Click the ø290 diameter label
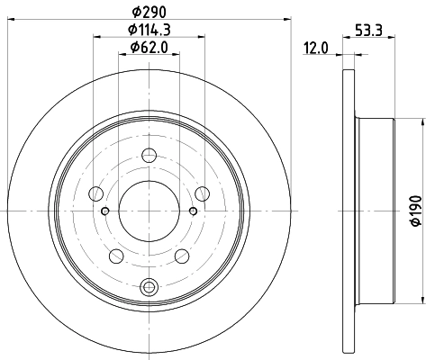150,10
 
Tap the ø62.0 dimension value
150,47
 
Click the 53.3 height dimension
370,29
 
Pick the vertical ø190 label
413,210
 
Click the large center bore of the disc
150,211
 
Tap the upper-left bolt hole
97,191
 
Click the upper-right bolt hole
204,191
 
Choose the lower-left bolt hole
116,256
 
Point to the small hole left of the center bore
105,211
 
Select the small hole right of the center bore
195,211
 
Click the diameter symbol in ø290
135,10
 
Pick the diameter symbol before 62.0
133,47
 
